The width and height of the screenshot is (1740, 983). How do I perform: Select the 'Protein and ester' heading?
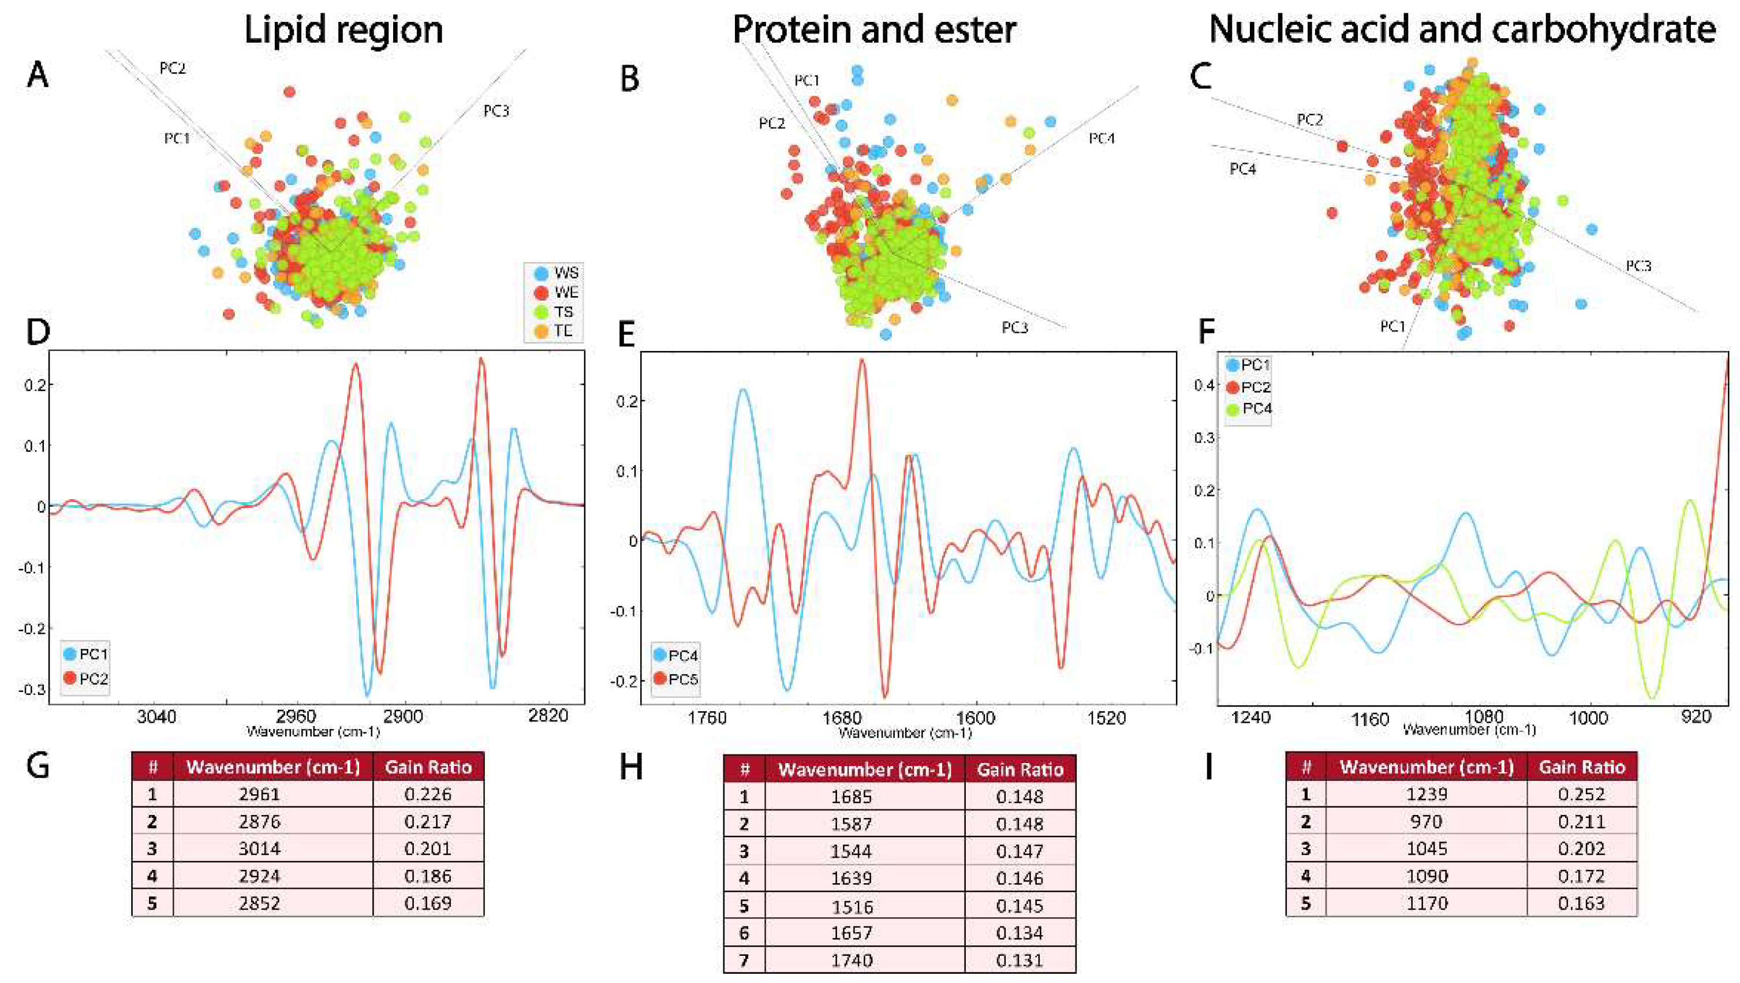[x=874, y=31]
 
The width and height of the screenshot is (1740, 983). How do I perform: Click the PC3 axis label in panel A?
[x=496, y=111]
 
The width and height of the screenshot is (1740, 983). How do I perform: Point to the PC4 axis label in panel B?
[x=1101, y=139]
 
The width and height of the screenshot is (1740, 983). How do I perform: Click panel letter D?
[x=38, y=332]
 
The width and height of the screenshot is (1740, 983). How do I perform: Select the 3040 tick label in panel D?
[x=156, y=716]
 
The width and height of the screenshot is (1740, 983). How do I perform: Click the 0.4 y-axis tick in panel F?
[x=1206, y=385]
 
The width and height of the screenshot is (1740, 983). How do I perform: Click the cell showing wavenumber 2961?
[x=259, y=794]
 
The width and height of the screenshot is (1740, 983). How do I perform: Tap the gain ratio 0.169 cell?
[x=428, y=903]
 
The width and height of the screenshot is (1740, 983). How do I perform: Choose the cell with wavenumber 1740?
[x=852, y=960]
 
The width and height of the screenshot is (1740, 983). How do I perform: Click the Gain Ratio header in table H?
[x=1020, y=769]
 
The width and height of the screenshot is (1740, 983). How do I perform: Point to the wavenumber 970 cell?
[x=1427, y=821]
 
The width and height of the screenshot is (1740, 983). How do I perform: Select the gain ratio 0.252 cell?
[x=1581, y=794]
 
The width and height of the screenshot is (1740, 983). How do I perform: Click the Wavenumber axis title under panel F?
[x=1469, y=730]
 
